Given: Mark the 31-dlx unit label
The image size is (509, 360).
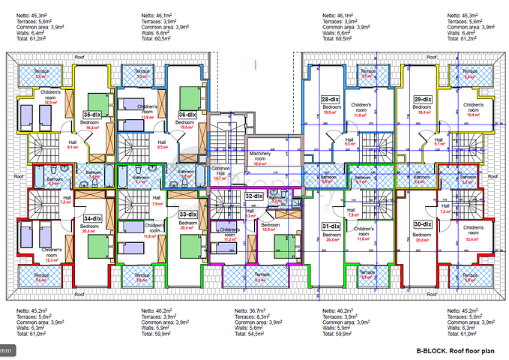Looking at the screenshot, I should [x=331, y=226].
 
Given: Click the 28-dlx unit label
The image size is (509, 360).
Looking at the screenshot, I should [x=330, y=99].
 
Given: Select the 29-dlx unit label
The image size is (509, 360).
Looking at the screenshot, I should [x=423, y=99].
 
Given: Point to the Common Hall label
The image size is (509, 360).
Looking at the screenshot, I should [x=220, y=172].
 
